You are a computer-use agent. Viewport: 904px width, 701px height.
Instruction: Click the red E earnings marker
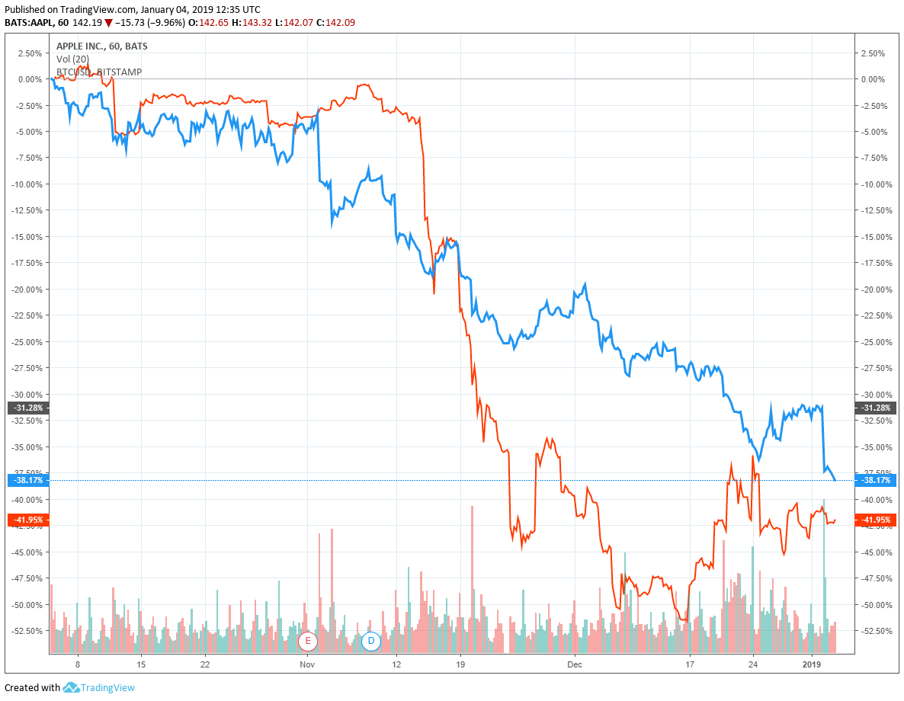click(x=308, y=641)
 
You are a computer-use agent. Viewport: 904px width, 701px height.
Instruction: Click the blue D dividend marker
click(x=371, y=641)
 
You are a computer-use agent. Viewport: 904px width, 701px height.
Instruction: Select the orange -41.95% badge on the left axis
click(x=28, y=520)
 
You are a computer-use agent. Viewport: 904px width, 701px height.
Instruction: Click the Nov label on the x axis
click(x=306, y=664)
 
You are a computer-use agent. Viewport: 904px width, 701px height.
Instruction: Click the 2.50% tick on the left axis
click(x=29, y=53)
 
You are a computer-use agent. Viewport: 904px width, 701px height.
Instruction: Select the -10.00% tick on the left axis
click(x=27, y=184)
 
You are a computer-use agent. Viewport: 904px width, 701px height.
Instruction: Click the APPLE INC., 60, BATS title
click(x=102, y=46)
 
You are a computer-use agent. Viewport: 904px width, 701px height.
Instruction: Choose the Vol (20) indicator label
click(x=73, y=59)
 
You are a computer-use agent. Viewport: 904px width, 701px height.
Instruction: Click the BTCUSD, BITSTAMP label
click(x=99, y=72)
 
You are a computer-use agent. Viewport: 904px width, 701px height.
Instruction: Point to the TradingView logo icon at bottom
click(x=72, y=687)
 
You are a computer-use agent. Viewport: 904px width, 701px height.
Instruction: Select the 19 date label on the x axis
click(x=460, y=664)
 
